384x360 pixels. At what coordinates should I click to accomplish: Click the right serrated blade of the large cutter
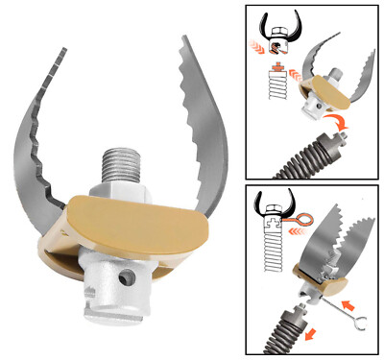[x=196, y=115]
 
